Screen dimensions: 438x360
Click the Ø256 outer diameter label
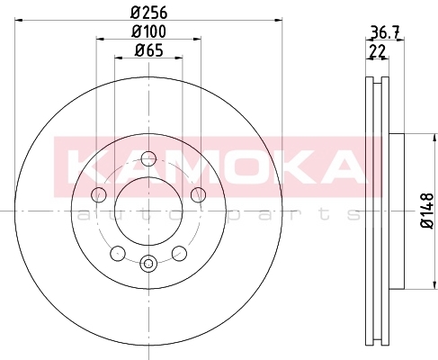tap(149, 13)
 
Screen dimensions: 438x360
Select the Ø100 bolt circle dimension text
tap(149, 31)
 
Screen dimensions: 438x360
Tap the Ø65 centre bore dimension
tap(149, 50)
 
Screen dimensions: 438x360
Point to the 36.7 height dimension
tap(385, 32)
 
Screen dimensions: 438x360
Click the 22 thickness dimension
tap(377, 51)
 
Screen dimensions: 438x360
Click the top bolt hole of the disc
tap(148, 159)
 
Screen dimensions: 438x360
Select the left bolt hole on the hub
tap(99, 194)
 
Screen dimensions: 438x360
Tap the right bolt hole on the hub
tap(198, 194)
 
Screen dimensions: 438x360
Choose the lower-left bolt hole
tap(118, 254)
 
